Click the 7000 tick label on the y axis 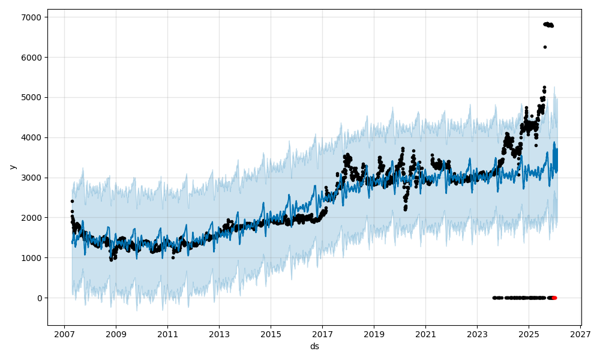pos(32,17)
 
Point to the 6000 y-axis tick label pos(32,58)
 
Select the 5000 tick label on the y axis pos(32,98)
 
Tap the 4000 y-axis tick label pos(32,137)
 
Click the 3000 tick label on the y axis pos(32,178)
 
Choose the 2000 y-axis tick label pos(32,218)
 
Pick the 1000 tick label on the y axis pos(32,258)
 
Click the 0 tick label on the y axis pos(38,298)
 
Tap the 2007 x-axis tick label pos(64,334)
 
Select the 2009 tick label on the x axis pos(116,334)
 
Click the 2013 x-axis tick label pos(219,334)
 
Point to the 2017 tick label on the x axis pos(322,334)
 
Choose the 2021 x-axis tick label pos(425,334)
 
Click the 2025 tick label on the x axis pos(529,334)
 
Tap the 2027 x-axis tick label pos(580,334)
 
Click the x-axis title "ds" pos(314,346)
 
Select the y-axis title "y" pos(11,167)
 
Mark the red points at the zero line pos(554,298)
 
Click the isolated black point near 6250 pos(545,47)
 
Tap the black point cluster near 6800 pos(548,25)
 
